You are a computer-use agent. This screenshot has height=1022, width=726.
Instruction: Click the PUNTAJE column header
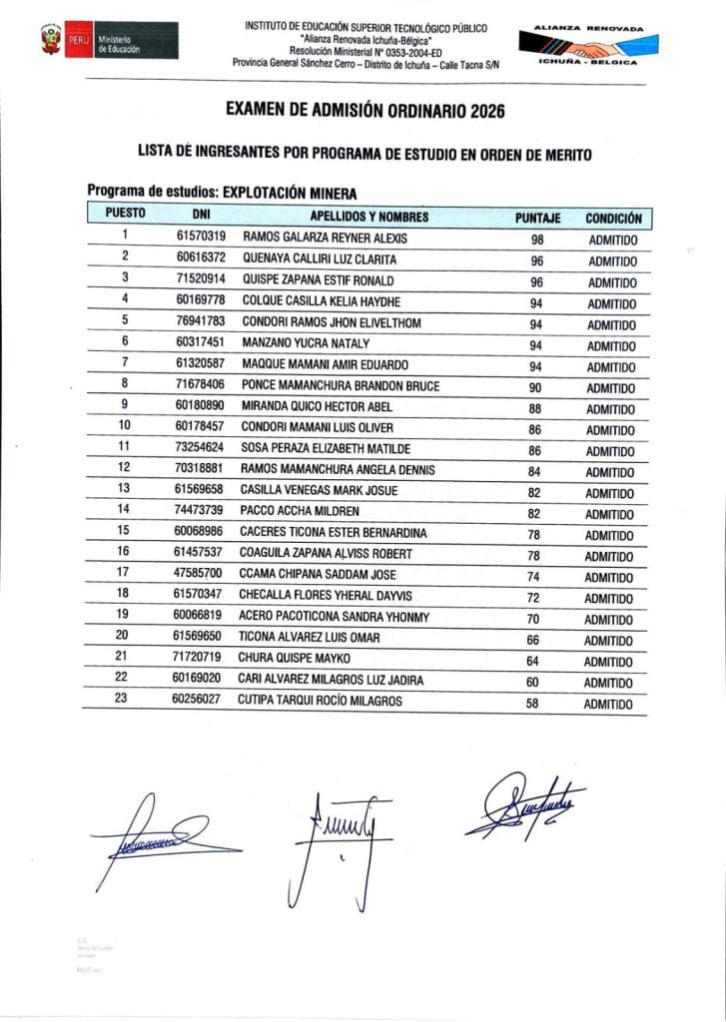537,217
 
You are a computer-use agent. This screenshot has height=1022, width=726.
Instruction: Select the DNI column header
201,216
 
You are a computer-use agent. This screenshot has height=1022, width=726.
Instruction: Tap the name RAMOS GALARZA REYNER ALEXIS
311,239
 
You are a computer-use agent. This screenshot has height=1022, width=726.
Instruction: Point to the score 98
537,241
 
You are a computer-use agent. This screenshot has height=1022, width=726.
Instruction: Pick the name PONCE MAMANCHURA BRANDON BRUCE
341,385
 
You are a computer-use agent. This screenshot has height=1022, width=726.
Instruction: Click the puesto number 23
124,701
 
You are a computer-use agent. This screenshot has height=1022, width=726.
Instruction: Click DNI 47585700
201,574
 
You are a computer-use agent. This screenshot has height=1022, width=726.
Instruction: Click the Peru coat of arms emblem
51,41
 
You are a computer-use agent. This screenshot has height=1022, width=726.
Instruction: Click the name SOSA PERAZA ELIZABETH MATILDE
326,448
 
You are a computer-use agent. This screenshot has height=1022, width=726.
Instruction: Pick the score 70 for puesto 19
537,619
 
